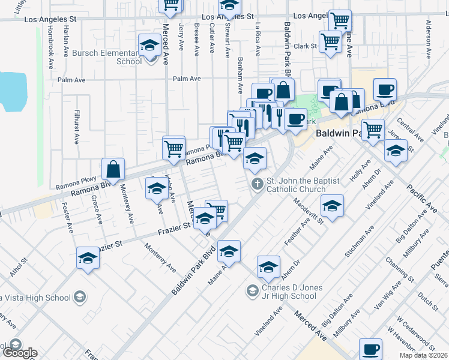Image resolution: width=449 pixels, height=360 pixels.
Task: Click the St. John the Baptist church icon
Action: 257,184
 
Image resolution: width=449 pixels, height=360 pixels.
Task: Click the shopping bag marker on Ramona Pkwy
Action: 113,170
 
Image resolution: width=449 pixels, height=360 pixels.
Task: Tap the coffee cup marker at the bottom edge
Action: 370,349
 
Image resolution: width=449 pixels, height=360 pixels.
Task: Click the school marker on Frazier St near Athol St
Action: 88,259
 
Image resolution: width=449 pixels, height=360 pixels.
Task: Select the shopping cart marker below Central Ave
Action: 373,130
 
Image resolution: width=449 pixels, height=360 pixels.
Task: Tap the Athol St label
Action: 19,267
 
